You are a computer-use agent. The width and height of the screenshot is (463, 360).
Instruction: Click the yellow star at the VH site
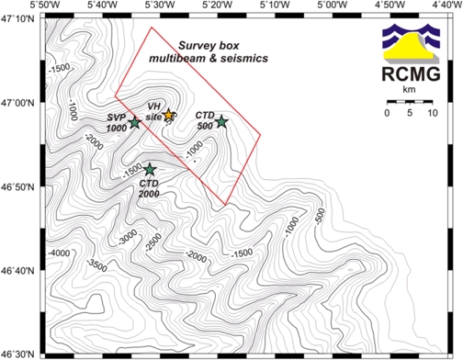[x=168, y=114]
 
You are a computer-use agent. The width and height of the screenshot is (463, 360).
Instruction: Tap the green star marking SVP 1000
[x=135, y=122]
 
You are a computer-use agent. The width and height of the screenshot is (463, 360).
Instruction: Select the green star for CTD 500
[x=220, y=121]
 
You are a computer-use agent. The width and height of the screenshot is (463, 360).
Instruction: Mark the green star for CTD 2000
[x=150, y=168]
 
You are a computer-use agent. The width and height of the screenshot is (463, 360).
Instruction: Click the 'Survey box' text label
[x=209, y=44]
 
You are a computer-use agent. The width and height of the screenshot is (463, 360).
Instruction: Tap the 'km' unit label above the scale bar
[x=410, y=90]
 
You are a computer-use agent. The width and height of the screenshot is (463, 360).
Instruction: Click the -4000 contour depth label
[x=59, y=252]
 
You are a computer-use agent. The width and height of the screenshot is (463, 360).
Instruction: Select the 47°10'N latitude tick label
[x=17, y=18]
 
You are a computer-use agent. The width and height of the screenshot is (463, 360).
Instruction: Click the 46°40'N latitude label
[x=17, y=271]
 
